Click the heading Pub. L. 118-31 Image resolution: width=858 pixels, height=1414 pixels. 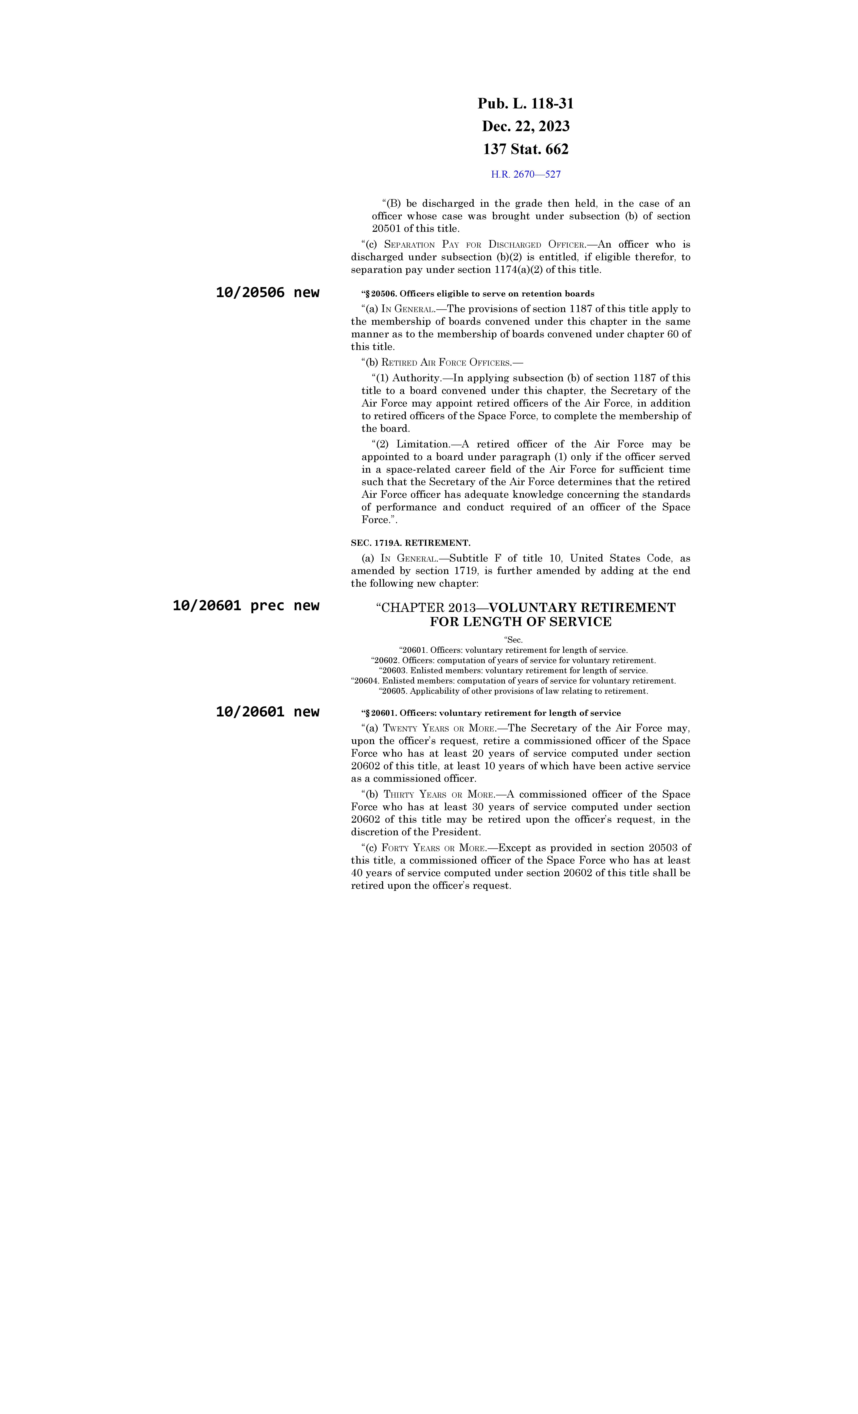pos(525,104)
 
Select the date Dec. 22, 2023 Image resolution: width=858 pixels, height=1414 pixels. pos(525,126)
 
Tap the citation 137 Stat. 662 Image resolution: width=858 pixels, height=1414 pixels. pos(525,149)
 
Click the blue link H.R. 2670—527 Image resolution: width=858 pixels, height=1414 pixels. pos(525,174)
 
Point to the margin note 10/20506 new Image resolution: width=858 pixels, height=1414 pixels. pos(267,293)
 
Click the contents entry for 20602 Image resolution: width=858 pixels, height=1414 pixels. pos(513,661)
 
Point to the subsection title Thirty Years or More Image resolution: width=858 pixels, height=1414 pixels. pos(439,795)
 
